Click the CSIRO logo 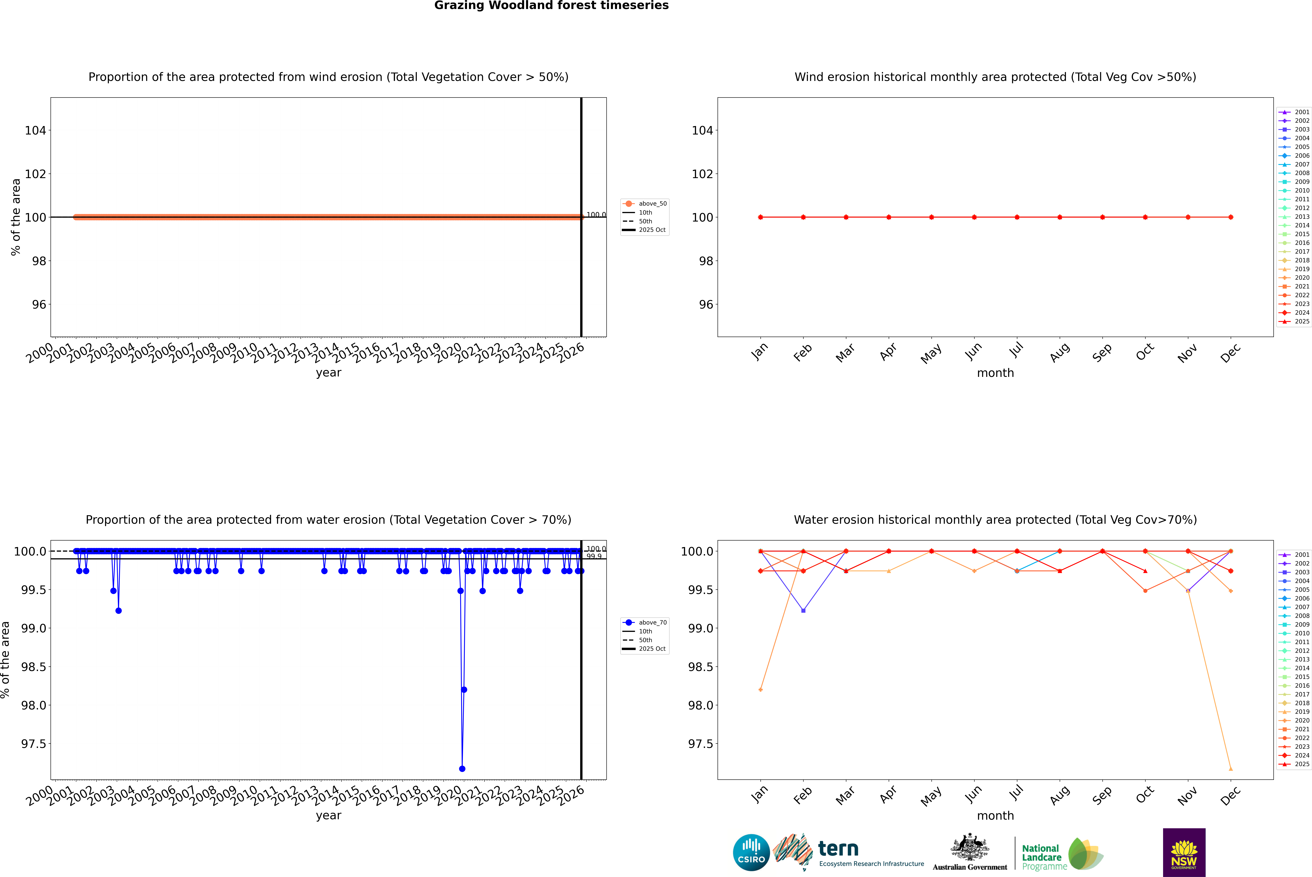pos(751,852)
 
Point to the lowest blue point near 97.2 pos(462,768)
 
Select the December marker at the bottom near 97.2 pos(1230,768)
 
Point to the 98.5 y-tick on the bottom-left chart pos(34,667)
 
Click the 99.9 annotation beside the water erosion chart pos(594,556)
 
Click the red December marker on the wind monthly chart pos(1230,217)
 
